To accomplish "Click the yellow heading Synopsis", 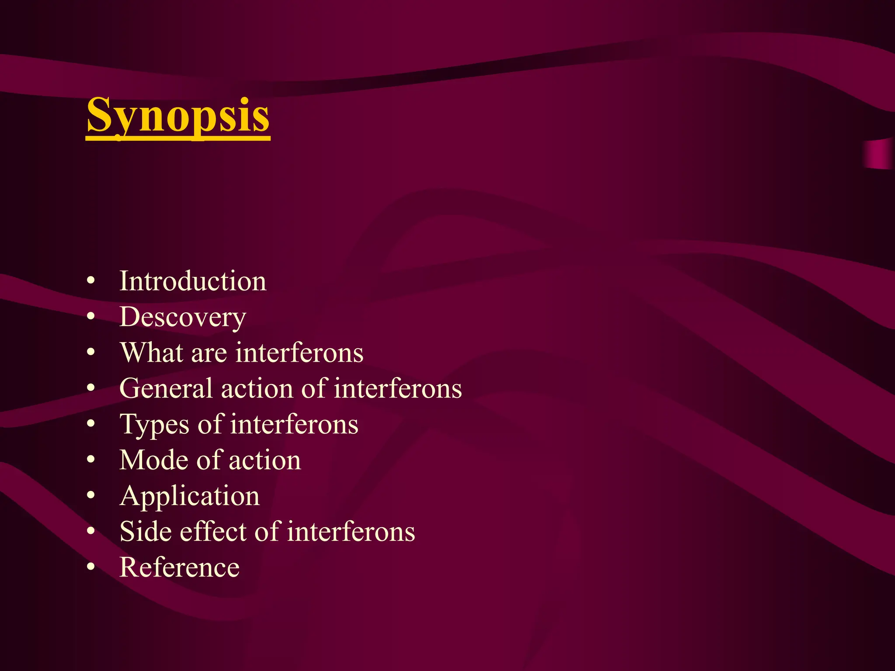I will (x=178, y=115).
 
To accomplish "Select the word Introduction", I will (x=193, y=281).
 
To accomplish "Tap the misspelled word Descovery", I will (x=183, y=317).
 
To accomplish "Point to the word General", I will (x=166, y=388).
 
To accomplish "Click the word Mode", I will (x=153, y=460).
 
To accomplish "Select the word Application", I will (x=190, y=497).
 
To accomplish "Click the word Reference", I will (x=180, y=567).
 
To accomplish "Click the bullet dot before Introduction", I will (x=90, y=281).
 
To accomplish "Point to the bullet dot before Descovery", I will (x=90, y=317).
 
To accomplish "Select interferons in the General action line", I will (x=398, y=388).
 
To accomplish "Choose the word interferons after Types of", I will (x=294, y=425).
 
